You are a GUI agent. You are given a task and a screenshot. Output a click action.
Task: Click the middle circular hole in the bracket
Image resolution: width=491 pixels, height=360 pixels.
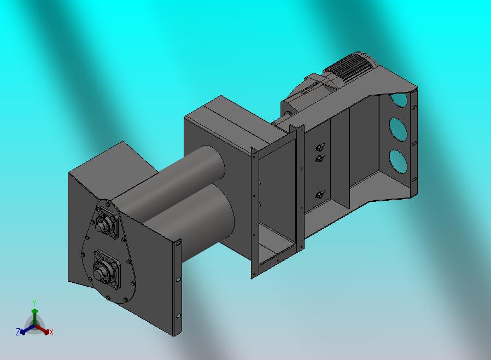[398, 129]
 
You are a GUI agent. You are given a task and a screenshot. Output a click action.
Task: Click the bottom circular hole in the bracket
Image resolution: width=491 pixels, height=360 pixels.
[398, 161]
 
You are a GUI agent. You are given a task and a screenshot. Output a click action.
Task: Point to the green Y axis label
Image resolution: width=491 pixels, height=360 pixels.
[34, 303]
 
